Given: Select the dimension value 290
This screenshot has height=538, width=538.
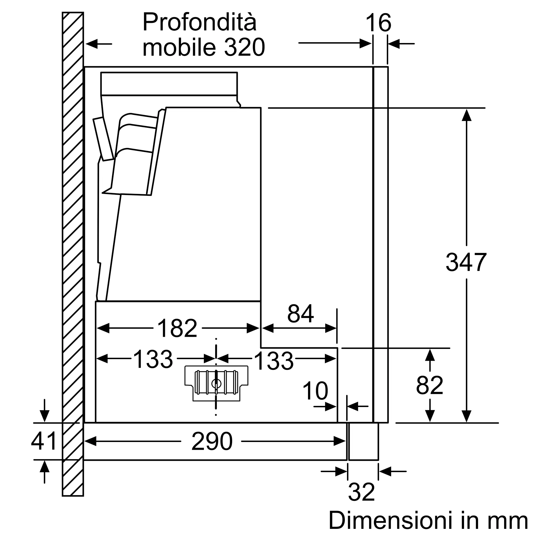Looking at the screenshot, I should coord(212,441).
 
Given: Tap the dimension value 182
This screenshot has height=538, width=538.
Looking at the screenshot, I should coord(177,328).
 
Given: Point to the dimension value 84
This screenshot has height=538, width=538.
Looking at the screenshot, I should coord(300,314).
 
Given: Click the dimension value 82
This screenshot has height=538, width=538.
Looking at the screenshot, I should coord(429,385).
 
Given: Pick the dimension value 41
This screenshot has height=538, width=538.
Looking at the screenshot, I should coord(44,441).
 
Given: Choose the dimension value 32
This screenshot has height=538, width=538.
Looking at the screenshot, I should coord(361,492).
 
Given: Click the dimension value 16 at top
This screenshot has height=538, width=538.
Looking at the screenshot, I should coord(378,23).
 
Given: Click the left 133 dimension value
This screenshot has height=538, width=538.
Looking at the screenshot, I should coord(153,359).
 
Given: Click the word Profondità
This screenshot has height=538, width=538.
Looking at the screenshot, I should coord(199,22).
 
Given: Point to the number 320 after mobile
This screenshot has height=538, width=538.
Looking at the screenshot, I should coord(244,47).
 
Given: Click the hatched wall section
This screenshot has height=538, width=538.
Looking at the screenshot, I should coord(73,251).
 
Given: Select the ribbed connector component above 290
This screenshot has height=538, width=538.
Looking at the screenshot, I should coord(216,383).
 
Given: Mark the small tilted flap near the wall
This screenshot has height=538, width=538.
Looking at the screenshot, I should coord(103,139).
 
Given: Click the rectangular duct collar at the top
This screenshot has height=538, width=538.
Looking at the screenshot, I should coord(169,84).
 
